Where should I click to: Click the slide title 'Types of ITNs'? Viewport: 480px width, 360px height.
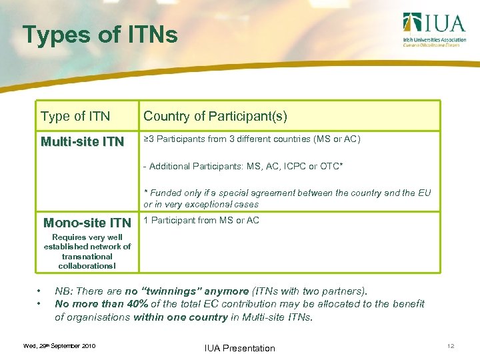pos(100,35)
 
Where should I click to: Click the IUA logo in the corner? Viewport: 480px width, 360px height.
pos(433,29)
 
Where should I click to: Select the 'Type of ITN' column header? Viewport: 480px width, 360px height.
pos(75,117)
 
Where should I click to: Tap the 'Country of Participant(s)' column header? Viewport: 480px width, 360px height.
pos(215,117)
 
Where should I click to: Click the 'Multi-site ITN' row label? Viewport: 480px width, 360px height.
pos(82,141)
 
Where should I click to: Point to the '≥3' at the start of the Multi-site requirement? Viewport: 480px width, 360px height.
pos(150,139)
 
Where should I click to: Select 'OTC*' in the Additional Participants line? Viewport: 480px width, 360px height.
pos(329,166)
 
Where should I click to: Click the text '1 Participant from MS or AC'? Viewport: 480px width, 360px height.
pos(201,221)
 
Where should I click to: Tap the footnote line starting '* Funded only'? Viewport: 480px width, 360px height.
pos(287,193)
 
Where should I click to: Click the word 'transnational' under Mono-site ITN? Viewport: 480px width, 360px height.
pos(87,256)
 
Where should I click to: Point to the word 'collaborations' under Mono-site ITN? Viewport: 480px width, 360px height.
pos(85,266)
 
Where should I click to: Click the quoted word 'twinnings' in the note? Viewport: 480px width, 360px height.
pos(174,291)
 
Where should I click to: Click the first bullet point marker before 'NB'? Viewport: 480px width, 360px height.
pos(40,291)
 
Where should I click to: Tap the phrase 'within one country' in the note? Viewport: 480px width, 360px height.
pos(180,317)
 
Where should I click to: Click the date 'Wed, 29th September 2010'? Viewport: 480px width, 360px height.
pos(59,346)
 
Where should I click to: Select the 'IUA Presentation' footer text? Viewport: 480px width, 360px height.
pos(241,348)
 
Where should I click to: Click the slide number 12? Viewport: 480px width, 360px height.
pos(451,346)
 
